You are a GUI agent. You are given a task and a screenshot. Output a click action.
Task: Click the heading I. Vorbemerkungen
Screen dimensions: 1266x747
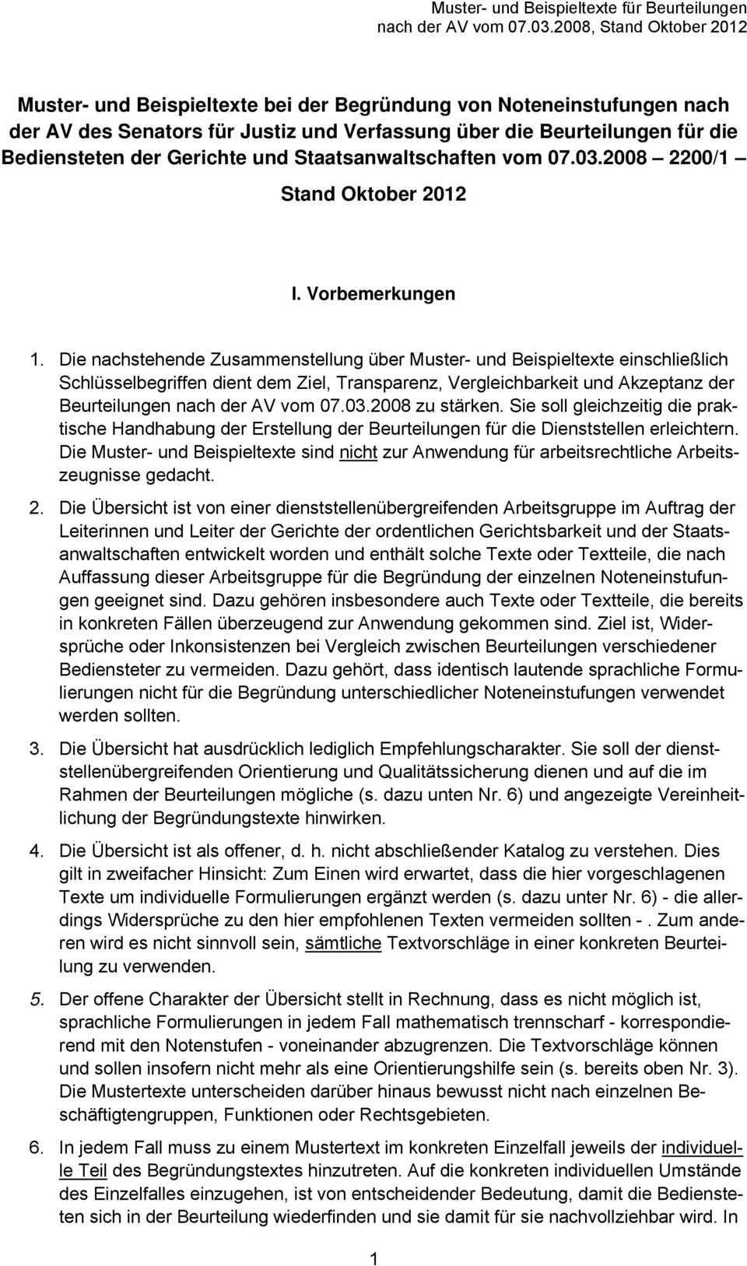[x=373, y=294]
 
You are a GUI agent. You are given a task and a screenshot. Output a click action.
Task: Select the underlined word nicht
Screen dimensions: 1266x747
[x=358, y=452]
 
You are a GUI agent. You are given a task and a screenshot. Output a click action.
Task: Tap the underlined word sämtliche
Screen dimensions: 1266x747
[x=343, y=943]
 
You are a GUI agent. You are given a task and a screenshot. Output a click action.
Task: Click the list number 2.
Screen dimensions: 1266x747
[x=36, y=508]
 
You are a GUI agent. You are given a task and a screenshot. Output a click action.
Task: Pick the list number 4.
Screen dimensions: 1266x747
[x=36, y=850]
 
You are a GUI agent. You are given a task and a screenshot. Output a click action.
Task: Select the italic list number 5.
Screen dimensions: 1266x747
[x=36, y=999]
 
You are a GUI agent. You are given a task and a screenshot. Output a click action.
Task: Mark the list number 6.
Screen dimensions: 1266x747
[x=36, y=1147]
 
